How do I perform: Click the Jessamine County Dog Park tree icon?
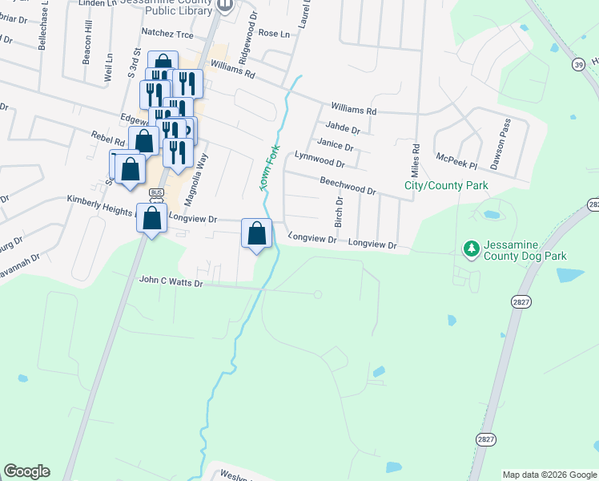pyautogui.click(x=472, y=249)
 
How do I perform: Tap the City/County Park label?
pyautogui.click(x=446, y=186)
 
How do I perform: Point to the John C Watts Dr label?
pyautogui.click(x=172, y=281)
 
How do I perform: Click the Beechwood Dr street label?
pyautogui.click(x=348, y=186)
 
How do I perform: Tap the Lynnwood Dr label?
pyautogui.click(x=319, y=159)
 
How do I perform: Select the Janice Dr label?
pyautogui.click(x=335, y=145)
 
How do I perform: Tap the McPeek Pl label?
pyautogui.click(x=456, y=160)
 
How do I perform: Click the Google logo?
pyautogui.click(x=26, y=471)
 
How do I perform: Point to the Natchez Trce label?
pyautogui.click(x=167, y=33)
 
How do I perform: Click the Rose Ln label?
pyautogui.click(x=274, y=34)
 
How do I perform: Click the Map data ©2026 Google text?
pyautogui.click(x=549, y=475)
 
